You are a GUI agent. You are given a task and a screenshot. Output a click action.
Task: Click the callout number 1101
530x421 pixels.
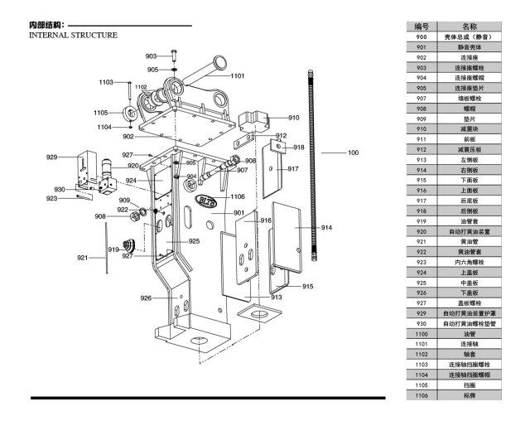[238, 75]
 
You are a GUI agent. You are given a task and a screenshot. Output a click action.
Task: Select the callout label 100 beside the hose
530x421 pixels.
[353, 152]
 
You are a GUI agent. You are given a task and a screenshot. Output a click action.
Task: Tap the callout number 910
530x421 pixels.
[294, 118]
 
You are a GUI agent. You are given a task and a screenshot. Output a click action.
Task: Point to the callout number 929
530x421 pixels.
[51, 157]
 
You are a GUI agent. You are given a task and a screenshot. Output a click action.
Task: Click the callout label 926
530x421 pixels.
[146, 298]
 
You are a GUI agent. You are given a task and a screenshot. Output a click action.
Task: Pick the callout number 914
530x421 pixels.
[326, 226]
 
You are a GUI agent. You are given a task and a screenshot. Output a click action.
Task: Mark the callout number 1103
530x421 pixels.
[106, 82]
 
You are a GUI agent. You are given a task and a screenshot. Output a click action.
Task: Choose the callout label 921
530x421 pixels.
[82, 258]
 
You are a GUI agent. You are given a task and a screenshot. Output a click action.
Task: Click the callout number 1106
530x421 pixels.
[237, 196]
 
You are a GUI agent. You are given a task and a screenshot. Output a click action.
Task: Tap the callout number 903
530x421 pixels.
[151, 56]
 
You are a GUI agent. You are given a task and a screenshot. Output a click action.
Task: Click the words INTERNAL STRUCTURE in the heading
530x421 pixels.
[73, 36]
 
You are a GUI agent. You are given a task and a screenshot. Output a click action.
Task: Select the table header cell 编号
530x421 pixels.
[421, 27]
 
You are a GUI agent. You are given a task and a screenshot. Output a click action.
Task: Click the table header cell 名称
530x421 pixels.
[469, 27]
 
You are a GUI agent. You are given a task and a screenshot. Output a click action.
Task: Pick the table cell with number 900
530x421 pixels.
[421, 37]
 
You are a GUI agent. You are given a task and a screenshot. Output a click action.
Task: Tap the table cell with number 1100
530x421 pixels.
[421, 333]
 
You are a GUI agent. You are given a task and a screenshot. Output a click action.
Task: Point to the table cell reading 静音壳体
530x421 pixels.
[469, 47]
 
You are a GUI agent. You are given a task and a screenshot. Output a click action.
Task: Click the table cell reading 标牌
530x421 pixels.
[469, 395]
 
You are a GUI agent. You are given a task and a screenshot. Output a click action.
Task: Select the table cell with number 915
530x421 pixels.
[421, 179]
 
